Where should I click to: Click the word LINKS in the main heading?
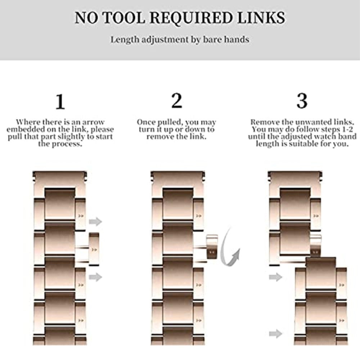tap(261, 17)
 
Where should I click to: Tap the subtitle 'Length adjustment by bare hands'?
tap(180, 40)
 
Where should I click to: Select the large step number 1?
tap(60, 102)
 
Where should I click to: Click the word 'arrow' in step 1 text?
tap(93, 122)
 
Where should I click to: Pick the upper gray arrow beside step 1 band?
tap(95, 221)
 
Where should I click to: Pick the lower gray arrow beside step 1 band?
tap(95, 277)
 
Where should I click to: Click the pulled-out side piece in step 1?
tap(94, 249)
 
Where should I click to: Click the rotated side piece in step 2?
tap(212, 247)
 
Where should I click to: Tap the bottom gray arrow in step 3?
tap(276, 333)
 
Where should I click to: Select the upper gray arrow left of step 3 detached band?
tap(276, 277)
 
